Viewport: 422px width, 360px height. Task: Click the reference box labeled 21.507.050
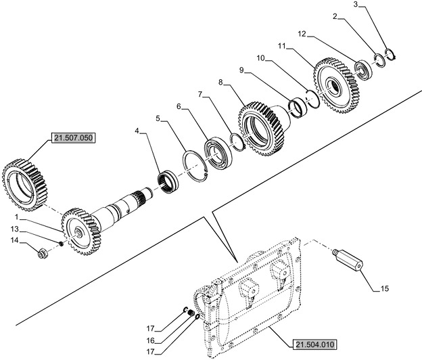72,139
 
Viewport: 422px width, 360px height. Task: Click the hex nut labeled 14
40,255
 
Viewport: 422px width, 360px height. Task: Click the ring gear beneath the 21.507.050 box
22,181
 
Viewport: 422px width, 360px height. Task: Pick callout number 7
200,93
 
